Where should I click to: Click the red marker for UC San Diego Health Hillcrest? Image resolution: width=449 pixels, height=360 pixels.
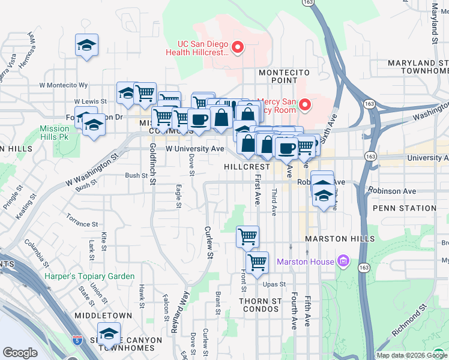coord(238,47)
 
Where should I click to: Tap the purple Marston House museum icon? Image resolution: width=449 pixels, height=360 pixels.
coord(343,262)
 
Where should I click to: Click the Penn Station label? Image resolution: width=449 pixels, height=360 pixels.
coord(404,208)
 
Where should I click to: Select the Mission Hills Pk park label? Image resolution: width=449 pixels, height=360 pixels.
coord(55,133)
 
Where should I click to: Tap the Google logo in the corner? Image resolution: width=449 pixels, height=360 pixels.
coord(20,353)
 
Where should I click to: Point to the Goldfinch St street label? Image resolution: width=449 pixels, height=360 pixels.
coord(153,163)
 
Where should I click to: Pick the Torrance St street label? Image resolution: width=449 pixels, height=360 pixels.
coord(82,220)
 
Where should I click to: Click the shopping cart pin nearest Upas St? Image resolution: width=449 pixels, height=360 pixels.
coord(257,262)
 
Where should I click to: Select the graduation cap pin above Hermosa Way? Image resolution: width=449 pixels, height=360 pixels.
coord(86,45)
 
